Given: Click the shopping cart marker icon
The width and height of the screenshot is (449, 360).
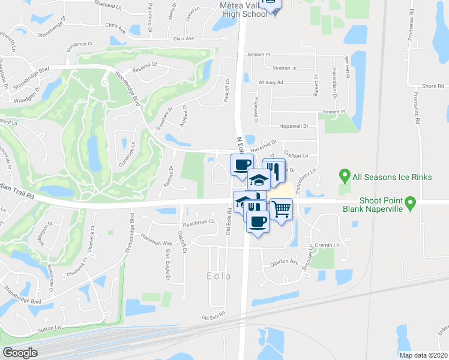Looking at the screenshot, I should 280,209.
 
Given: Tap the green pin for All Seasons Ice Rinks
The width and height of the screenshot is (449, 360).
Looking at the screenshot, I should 344,176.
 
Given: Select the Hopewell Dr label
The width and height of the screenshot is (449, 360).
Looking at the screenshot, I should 293,127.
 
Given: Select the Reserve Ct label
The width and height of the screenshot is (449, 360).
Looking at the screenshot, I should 144,65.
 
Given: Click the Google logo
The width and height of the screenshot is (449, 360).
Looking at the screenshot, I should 20,352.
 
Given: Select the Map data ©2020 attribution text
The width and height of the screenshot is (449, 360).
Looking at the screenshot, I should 423,355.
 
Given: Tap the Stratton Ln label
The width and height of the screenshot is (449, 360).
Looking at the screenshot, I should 285,68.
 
